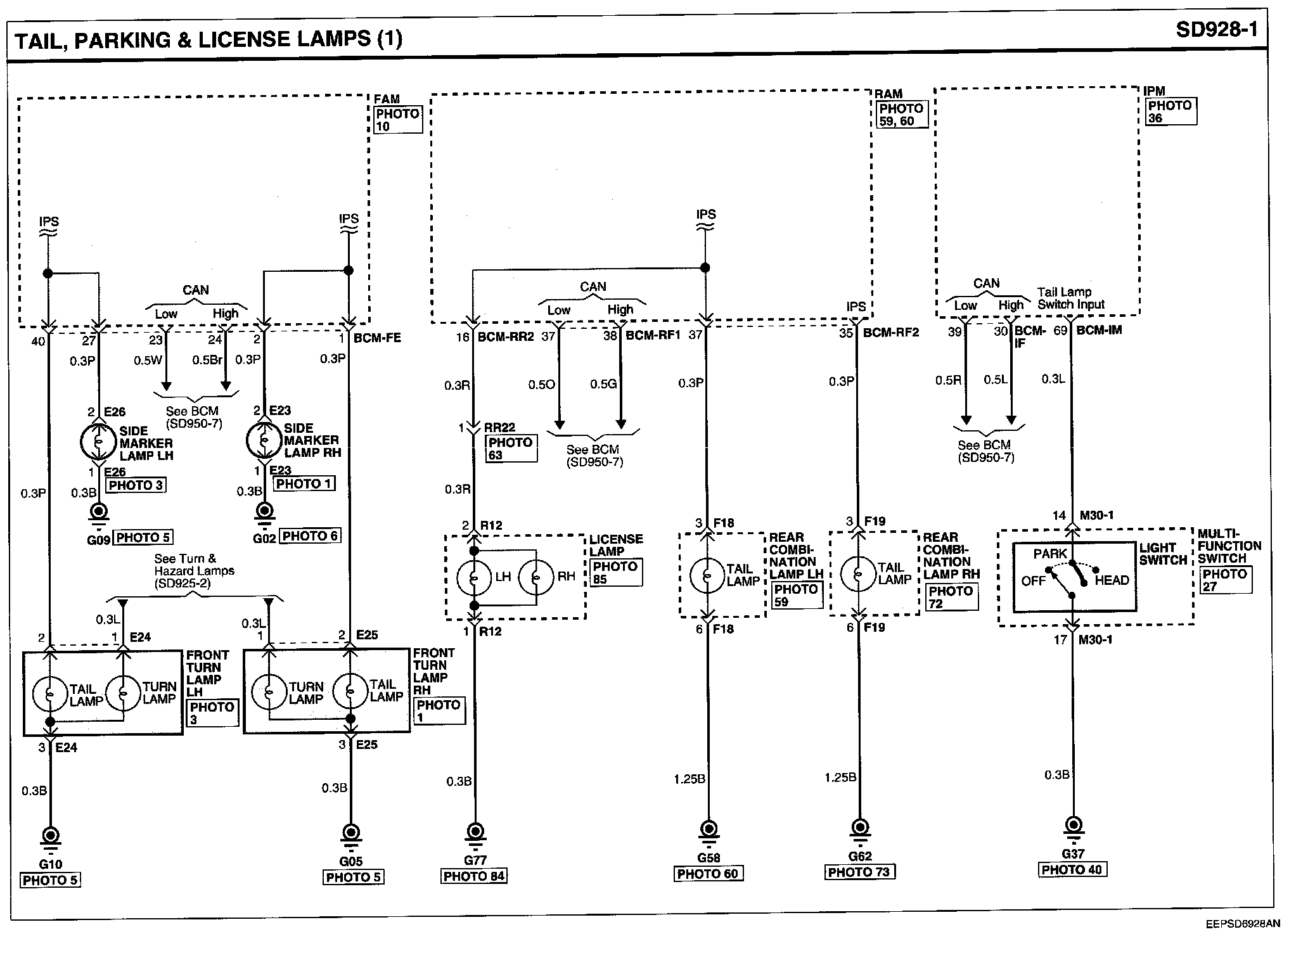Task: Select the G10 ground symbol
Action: pos(50,835)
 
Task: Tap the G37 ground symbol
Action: pos(1072,825)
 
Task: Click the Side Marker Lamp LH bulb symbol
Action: pos(99,442)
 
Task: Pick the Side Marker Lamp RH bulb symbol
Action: pos(264,440)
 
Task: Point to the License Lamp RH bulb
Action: pos(536,577)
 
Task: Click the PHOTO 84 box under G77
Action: pos(474,876)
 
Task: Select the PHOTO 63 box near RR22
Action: pos(511,448)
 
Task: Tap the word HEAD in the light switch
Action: pos(1112,580)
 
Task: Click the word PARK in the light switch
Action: pos(1050,553)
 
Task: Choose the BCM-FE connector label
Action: pos(377,338)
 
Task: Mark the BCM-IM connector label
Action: pos(1099,330)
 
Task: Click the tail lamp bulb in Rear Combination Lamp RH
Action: pos(858,573)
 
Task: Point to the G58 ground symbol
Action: pos(709,829)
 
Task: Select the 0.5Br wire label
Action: pos(207,360)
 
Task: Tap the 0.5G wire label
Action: pos(603,384)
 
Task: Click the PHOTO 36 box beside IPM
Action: pos(1170,112)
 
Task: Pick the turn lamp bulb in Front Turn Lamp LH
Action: pos(123,693)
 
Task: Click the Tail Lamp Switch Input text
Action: pos(1070,298)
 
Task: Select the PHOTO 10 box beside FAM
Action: pos(397,120)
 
